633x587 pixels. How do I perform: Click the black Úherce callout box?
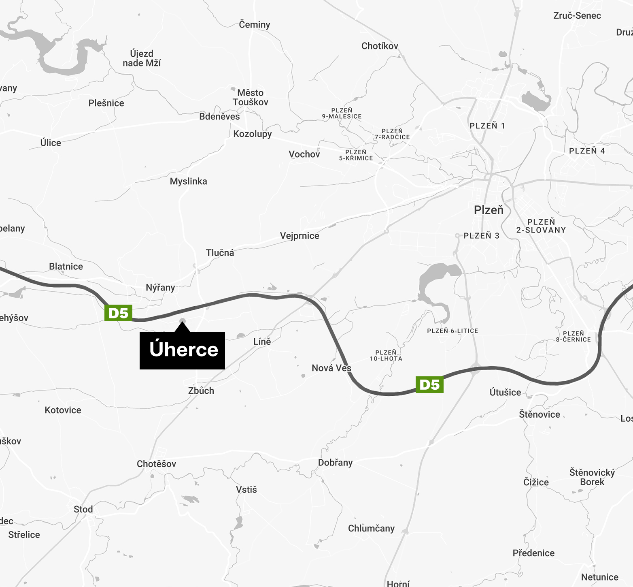pyautogui.click(x=182, y=350)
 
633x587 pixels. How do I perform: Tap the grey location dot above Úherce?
pyautogui.click(x=183, y=321)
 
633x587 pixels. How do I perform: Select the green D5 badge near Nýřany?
pyautogui.click(x=118, y=313)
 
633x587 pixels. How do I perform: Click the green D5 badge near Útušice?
pyautogui.click(x=429, y=384)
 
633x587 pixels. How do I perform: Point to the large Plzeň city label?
pyautogui.click(x=489, y=210)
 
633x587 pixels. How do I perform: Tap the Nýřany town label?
pyautogui.click(x=160, y=288)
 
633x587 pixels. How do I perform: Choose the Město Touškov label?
pyautogui.click(x=250, y=98)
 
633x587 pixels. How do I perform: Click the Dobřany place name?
pyautogui.click(x=335, y=463)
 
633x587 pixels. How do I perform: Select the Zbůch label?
pyautogui.click(x=201, y=391)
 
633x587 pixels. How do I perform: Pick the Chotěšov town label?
pyautogui.click(x=156, y=464)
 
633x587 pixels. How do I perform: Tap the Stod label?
pyautogui.click(x=83, y=509)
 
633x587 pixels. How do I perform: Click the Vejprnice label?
pyautogui.click(x=300, y=236)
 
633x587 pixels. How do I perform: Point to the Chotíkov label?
pyautogui.click(x=380, y=46)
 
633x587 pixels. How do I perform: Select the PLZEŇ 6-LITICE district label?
pyautogui.click(x=452, y=331)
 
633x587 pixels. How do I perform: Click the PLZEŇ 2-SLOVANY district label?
pyautogui.click(x=541, y=226)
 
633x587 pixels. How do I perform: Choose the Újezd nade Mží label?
pyautogui.click(x=142, y=58)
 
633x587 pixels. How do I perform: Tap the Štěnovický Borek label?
pyautogui.click(x=592, y=477)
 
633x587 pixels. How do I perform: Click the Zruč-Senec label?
pyautogui.click(x=577, y=16)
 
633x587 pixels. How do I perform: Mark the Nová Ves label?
pyautogui.click(x=331, y=368)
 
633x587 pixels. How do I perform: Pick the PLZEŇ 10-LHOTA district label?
pyautogui.click(x=386, y=356)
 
